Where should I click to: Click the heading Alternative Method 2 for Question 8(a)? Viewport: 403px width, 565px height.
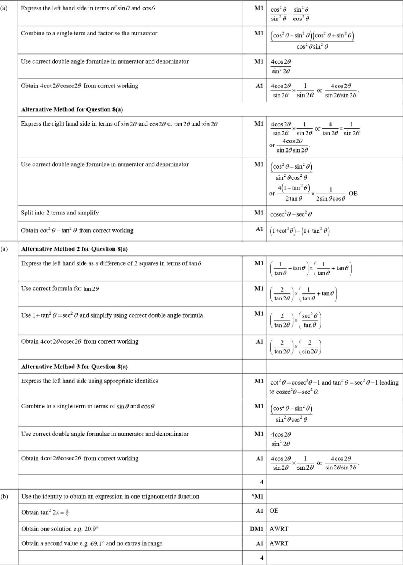pyautogui.click(x=74, y=249)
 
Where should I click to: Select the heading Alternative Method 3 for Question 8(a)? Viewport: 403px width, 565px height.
pyautogui.click(x=74, y=367)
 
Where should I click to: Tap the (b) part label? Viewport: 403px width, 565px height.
pyautogui.click(x=4, y=497)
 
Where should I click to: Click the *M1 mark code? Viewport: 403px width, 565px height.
pyautogui.click(x=257, y=497)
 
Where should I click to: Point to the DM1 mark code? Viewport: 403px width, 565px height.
pyautogui.click(x=256, y=529)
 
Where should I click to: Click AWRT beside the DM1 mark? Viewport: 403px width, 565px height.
pyautogui.click(x=279, y=529)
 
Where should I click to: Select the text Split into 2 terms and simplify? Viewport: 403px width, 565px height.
pyautogui.click(x=60, y=213)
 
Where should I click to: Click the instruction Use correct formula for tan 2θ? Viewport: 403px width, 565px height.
pyautogui.click(x=60, y=288)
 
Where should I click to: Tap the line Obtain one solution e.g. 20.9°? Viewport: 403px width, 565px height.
pyautogui.click(x=60, y=529)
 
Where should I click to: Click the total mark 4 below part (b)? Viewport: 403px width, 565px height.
pyautogui.click(x=262, y=558)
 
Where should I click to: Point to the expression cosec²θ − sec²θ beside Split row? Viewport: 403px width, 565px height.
pyautogui.click(x=291, y=214)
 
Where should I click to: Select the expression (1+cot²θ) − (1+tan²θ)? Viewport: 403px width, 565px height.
pyautogui.click(x=300, y=231)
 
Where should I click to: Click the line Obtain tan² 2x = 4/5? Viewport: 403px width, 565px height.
pyautogui.click(x=45, y=512)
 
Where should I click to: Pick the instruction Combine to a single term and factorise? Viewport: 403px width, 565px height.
pyautogui.click(x=89, y=33)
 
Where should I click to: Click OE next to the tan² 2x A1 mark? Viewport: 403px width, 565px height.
pyautogui.click(x=274, y=510)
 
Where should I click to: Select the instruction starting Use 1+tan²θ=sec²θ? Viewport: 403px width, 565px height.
pyautogui.click(x=112, y=315)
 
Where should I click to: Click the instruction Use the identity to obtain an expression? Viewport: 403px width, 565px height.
pyautogui.click(x=110, y=497)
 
